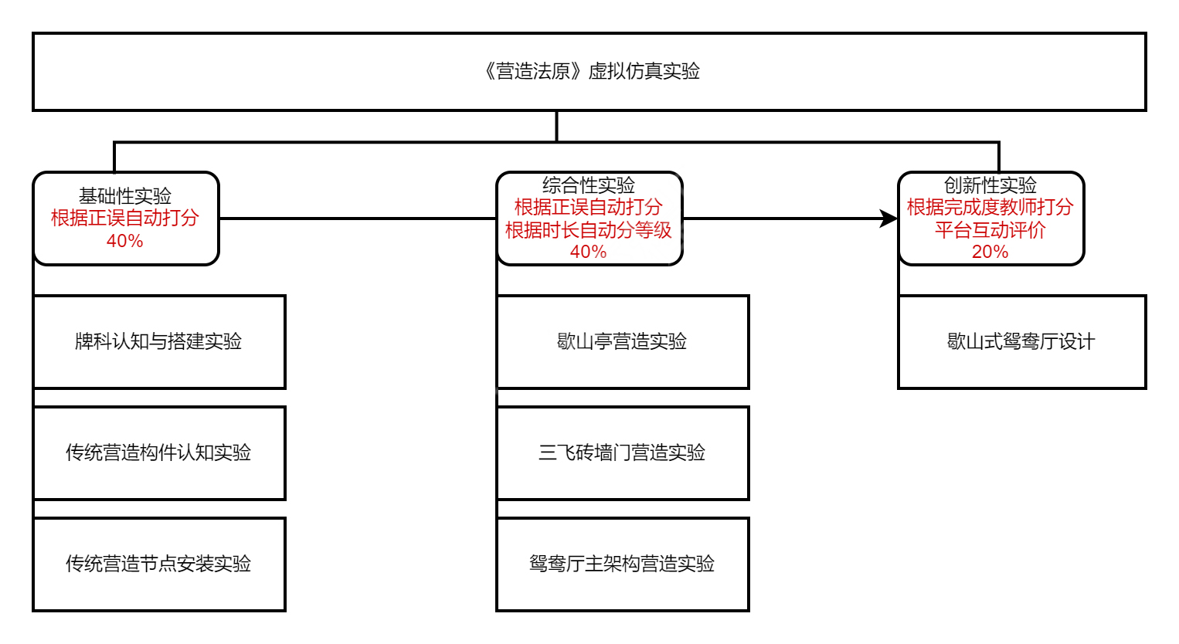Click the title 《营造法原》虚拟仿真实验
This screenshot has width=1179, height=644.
coord(591,72)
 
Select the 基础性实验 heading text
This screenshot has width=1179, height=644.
coord(125,195)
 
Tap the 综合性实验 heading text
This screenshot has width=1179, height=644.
coord(589,185)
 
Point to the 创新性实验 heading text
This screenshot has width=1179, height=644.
coord(990,185)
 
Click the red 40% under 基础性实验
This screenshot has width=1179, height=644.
coord(125,241)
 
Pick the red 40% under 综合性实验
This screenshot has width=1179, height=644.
coord(589,252)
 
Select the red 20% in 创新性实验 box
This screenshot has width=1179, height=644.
coord(990,252)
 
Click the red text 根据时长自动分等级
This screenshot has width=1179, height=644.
coord(589,230)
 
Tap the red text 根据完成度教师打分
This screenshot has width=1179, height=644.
coord(990,207)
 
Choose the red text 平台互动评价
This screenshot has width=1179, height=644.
coord(990,230)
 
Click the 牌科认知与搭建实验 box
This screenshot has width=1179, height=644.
coord(159,341)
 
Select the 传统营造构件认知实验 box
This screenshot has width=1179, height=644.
coord(159,452)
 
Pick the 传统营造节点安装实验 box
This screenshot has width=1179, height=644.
coord(159,564)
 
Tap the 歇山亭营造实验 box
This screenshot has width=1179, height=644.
coord(623,341)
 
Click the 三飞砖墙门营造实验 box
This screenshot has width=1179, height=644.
coord(623,452)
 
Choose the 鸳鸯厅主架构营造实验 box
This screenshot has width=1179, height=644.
coord(623,564)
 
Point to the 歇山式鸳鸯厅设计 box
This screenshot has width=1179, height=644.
coord(1021,341)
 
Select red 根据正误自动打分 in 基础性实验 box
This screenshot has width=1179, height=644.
coord(125,218)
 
